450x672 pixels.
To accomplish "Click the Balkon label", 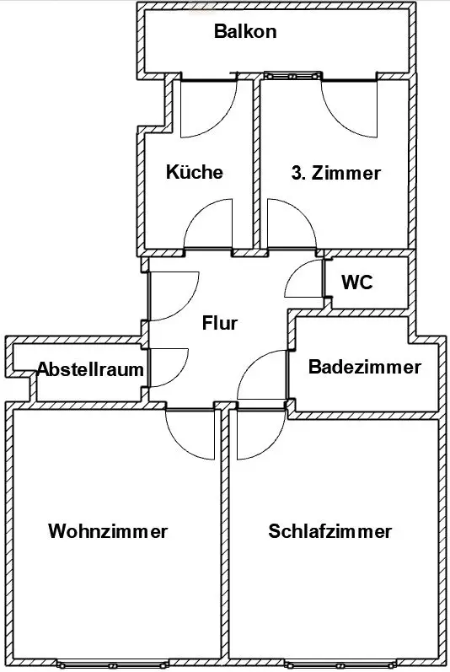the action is [245, 32].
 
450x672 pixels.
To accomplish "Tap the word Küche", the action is [195, 172].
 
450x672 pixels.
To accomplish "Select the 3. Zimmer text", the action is [335, 173].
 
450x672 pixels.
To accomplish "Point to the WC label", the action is [357, 282].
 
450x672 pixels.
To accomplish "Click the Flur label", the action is [220, 323].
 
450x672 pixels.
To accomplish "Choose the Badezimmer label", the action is [365, 368].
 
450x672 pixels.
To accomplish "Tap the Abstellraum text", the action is [90, 369].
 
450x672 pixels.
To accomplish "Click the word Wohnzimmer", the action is [108, 531].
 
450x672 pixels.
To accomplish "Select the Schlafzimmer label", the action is [330, 531].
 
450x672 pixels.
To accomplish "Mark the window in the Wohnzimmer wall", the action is [112, 664].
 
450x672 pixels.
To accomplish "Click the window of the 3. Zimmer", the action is [292, 76].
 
